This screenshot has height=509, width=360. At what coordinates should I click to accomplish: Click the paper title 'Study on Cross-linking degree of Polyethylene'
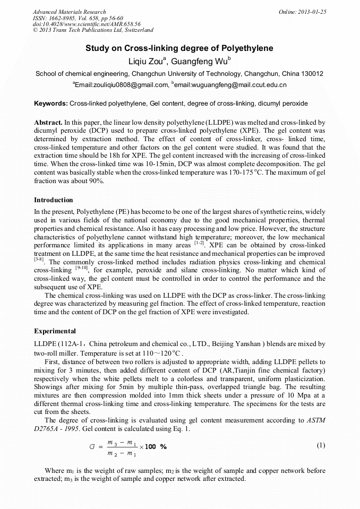[179, 48]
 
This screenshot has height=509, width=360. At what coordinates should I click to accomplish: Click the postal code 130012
[312, 74]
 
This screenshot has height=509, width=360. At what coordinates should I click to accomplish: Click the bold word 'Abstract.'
[49, 122]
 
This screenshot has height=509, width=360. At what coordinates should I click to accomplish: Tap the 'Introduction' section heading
[53, 200]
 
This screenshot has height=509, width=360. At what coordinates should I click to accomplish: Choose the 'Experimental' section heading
[55, 331]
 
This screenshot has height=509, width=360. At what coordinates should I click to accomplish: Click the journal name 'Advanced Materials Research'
[69, 12]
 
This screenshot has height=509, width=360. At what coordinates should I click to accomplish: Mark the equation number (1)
[320, 445]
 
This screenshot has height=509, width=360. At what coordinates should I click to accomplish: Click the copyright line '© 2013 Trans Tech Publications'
[93, 31]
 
